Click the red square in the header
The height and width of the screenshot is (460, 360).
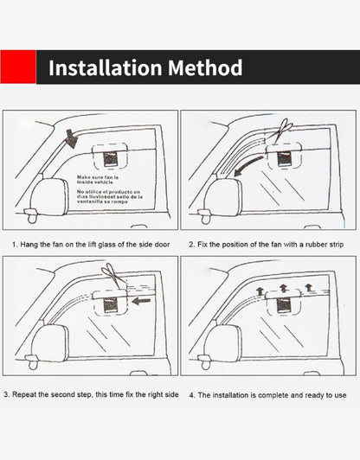[18, 67]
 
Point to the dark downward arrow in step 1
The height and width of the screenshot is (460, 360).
[69, 137]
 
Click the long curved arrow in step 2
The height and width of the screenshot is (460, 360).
[246, 164]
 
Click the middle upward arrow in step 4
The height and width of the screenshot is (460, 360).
[283, 286]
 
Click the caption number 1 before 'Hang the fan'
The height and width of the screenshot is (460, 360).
[14, 245]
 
